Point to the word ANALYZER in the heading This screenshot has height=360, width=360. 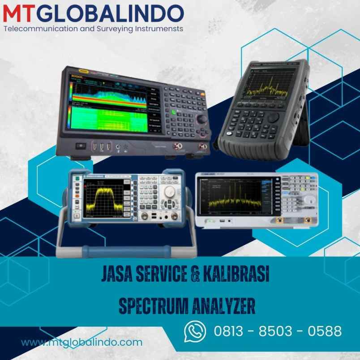[x=223, y=308]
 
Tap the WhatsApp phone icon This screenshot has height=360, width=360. [x=195, y=331]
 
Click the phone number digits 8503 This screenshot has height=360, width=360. [x=278, y=332]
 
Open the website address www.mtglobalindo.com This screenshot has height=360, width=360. [x=82, y=343]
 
